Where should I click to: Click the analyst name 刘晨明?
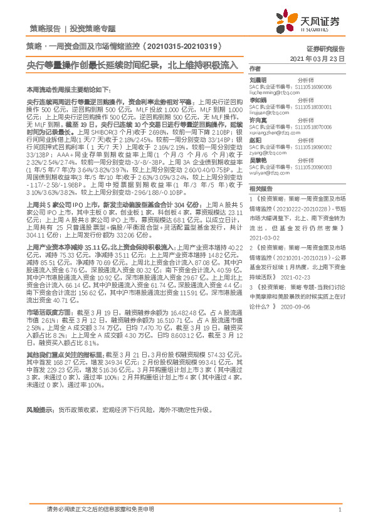tap(258, 80)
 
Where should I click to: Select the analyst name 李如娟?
tap(258, 100)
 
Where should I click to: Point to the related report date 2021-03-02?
tap(263, 239)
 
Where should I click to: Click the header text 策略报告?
tap(45, 29)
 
